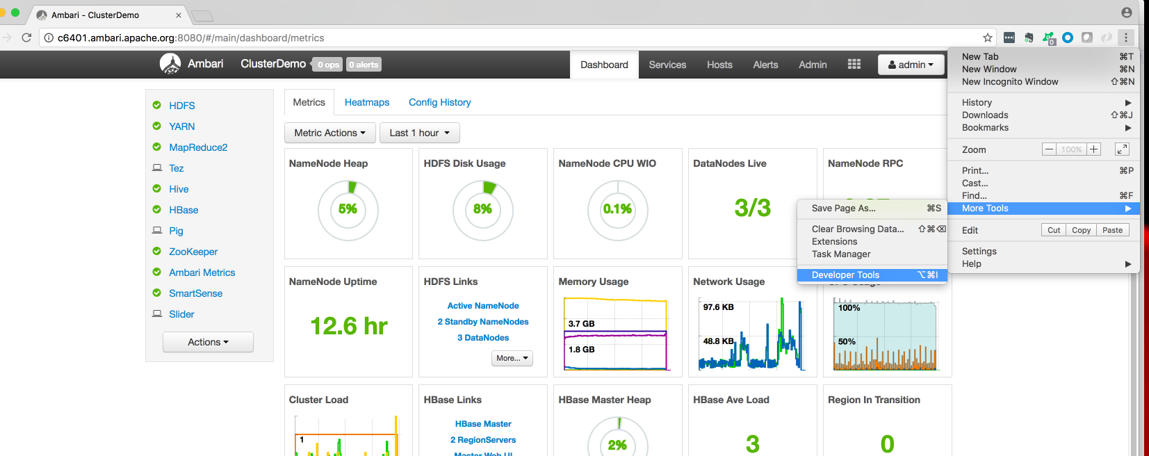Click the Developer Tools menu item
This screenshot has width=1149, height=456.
click(x=845, y=275)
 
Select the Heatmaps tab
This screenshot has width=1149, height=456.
click(x=367, y=102)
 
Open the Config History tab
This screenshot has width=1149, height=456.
click(x=439, y=102)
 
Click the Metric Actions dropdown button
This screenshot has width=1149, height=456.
click(x=329, y=133)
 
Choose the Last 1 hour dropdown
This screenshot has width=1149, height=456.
click(x=419, y=133)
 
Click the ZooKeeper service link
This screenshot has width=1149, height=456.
click(x=193, y=252)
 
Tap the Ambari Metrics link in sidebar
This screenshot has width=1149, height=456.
click(x=202, y=272)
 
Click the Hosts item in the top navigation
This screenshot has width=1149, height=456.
click(x=719, y=65)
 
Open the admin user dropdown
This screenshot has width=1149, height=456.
click(x=911, y=65)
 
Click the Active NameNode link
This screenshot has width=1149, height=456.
click(x=483, y=306)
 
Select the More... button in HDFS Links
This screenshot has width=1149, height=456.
click(x=512, y=358)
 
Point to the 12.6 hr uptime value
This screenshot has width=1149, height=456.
click(x=348, y=326)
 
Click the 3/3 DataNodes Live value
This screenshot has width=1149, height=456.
click(x=752, y=207)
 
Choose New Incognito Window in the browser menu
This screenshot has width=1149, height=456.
click(x=1009, y=82)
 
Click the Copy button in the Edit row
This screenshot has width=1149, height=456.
click(x=1081, y=230)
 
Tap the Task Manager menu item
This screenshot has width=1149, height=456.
click(x=841, y=254)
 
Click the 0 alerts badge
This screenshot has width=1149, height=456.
click(x=364, y=65)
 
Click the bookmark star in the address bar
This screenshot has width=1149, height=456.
click(x=987, y=38)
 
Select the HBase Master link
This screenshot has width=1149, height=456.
click(x=483, y=424)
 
